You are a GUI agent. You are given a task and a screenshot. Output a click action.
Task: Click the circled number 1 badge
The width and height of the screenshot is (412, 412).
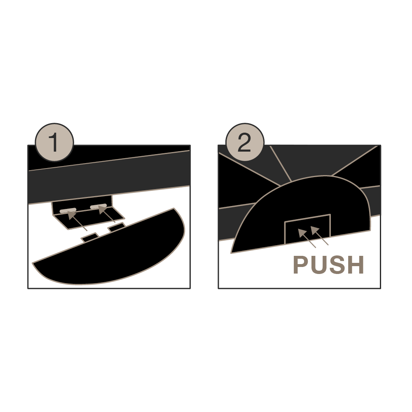pyautogui.click(x=54, y=142)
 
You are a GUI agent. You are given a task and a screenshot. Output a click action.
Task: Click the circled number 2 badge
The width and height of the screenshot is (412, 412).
pyautogui.click(x=245, y=142)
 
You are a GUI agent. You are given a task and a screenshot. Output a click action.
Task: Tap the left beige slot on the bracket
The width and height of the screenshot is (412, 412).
pyautogui.click(x=68, y=210)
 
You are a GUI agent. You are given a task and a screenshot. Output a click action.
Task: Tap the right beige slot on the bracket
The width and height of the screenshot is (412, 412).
pyautogui.click(x=98, y=206)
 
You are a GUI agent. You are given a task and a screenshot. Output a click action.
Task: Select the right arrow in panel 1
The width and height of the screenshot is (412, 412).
pyautogui.click(x=106, y=214)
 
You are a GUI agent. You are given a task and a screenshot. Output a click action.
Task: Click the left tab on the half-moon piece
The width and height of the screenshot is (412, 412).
pyautogui.click(x=89, y=238)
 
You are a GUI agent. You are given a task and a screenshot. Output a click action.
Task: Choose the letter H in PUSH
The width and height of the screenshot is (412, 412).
pyautogui.click(x=355, y=265)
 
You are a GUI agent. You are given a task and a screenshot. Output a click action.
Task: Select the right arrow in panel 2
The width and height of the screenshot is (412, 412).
pyautogui.click(x=320, y=235)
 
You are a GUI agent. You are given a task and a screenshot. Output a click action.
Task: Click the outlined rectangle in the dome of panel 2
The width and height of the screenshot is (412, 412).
pyautogui.click(x=307, y=229)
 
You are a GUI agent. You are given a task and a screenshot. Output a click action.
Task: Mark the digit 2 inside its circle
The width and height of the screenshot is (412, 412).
pyautogui.click(x=244, y=142)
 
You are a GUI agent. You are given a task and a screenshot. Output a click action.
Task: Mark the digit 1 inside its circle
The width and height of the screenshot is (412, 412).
pyautogui.click(x=54, y=142)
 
